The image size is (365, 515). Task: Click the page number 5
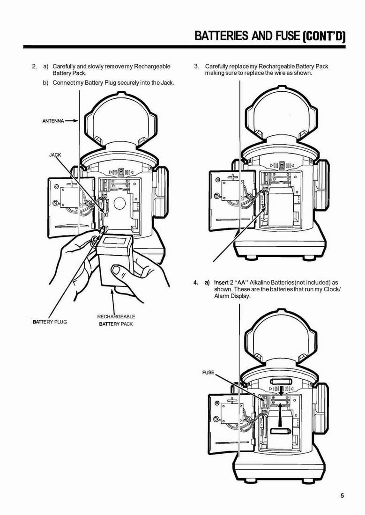(342, 496)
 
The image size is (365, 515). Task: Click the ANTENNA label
(53, 121)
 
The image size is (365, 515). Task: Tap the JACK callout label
(55, 154)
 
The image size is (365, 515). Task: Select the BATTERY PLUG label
(50, 322)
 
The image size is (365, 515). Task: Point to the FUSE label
(208, 373)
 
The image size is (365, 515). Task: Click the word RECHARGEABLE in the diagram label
(116, 316)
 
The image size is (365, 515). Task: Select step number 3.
(196, 66)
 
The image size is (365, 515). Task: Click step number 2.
(34, 66)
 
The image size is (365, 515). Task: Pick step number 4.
(196, 282)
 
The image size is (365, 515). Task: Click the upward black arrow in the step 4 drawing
(280, 415)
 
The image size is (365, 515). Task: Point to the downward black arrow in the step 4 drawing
(281, 391)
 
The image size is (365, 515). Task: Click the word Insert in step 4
(221, 282)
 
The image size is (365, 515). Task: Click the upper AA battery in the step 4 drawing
(281, 382)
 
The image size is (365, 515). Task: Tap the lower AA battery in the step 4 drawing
(280, 431)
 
